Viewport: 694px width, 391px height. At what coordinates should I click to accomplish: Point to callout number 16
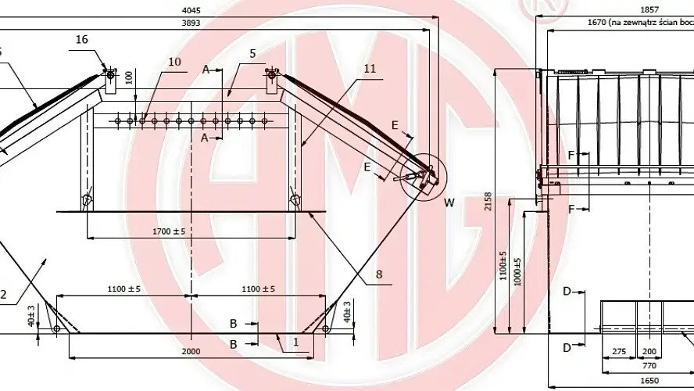pyautogui.click(x=82, y=38)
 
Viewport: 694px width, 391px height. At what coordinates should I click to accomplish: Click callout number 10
pyautogui.click(x=174, y=61)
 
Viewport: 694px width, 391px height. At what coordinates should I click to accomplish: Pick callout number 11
pyautogui.click(x=370, y=69)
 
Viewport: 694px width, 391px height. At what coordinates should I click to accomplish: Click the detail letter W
pyautogui.click(x=449, y=203)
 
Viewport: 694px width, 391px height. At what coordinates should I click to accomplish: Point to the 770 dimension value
pyautogui.click(x=648, y=364)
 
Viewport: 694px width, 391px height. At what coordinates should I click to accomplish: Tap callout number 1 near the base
pyautogui.click(x=295, y=343)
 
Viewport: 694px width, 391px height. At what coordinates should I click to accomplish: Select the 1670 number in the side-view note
pyautogui.click(x=599, y=24)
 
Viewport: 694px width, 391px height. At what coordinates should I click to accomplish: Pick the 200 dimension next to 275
pyautogui.click(x=648, y=351)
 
